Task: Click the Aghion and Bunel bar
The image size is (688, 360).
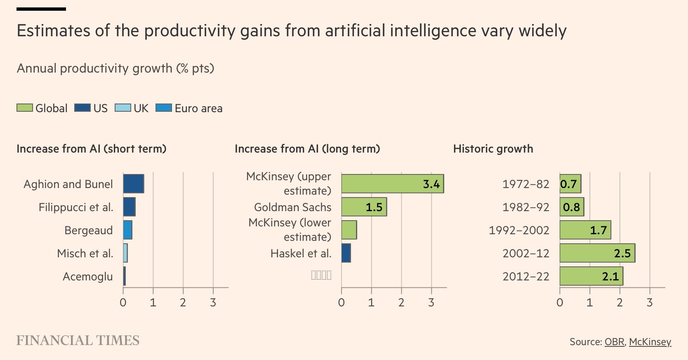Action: tap(134, 184)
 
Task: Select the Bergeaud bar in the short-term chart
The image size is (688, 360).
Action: tap(128, 230)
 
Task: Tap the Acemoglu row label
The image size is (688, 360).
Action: tap(87, 276)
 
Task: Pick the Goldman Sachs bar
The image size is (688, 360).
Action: tap(364, 207)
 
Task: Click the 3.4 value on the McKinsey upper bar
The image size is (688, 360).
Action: tap(431, 184)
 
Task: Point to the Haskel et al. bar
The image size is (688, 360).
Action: tap(346, 253)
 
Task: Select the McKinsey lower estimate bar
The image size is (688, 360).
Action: tap(349, 230)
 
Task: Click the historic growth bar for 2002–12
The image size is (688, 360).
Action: tap(597, 253)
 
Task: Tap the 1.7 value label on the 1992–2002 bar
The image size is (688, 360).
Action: tap(598, 230)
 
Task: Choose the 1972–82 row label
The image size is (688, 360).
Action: tap(525, 184)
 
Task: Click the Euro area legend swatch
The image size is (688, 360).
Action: tap(164, 108)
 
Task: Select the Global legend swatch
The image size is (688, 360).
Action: tap(25, 108)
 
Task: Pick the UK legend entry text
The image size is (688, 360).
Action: tap(141, 108)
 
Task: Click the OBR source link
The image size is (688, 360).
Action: tap(614, 342)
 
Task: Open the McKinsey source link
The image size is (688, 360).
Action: tap(650, 342)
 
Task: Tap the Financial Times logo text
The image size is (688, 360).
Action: tap(78, 341)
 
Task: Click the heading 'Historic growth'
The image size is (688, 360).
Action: tap(493, 149)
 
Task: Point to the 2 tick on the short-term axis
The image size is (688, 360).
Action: tap(183, 303)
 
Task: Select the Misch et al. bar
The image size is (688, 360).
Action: tap(125, 253)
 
